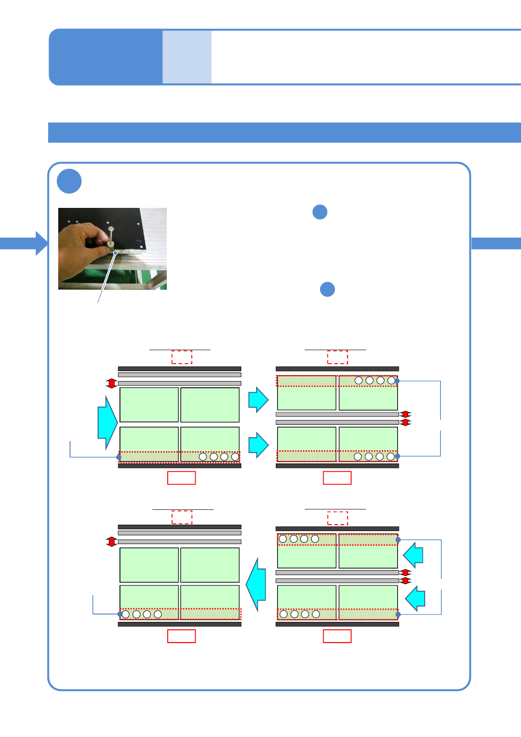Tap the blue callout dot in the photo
click(x=116, y=253)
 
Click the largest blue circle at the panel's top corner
click(x=69, y=181)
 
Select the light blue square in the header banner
click(x=187, y=57)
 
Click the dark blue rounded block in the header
click(x=106, y=57)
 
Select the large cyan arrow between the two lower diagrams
click(x=257, y=584)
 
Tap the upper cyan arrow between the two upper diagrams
click(x=258, y=400)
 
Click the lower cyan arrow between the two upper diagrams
click(x=258, y=445)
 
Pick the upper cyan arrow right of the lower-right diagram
click(x=413, y=555)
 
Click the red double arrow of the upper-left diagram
click(x=112, y=383)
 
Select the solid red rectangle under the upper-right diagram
click(x=337, y=478)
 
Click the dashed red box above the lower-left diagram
click(x=182, y=517)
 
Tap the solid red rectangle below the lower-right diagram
click(x=337, y=636)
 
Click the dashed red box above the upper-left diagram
click(x=182, y=357)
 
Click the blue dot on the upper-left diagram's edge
click(x=119, y=457)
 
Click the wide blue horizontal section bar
click(x=285, y=133)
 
